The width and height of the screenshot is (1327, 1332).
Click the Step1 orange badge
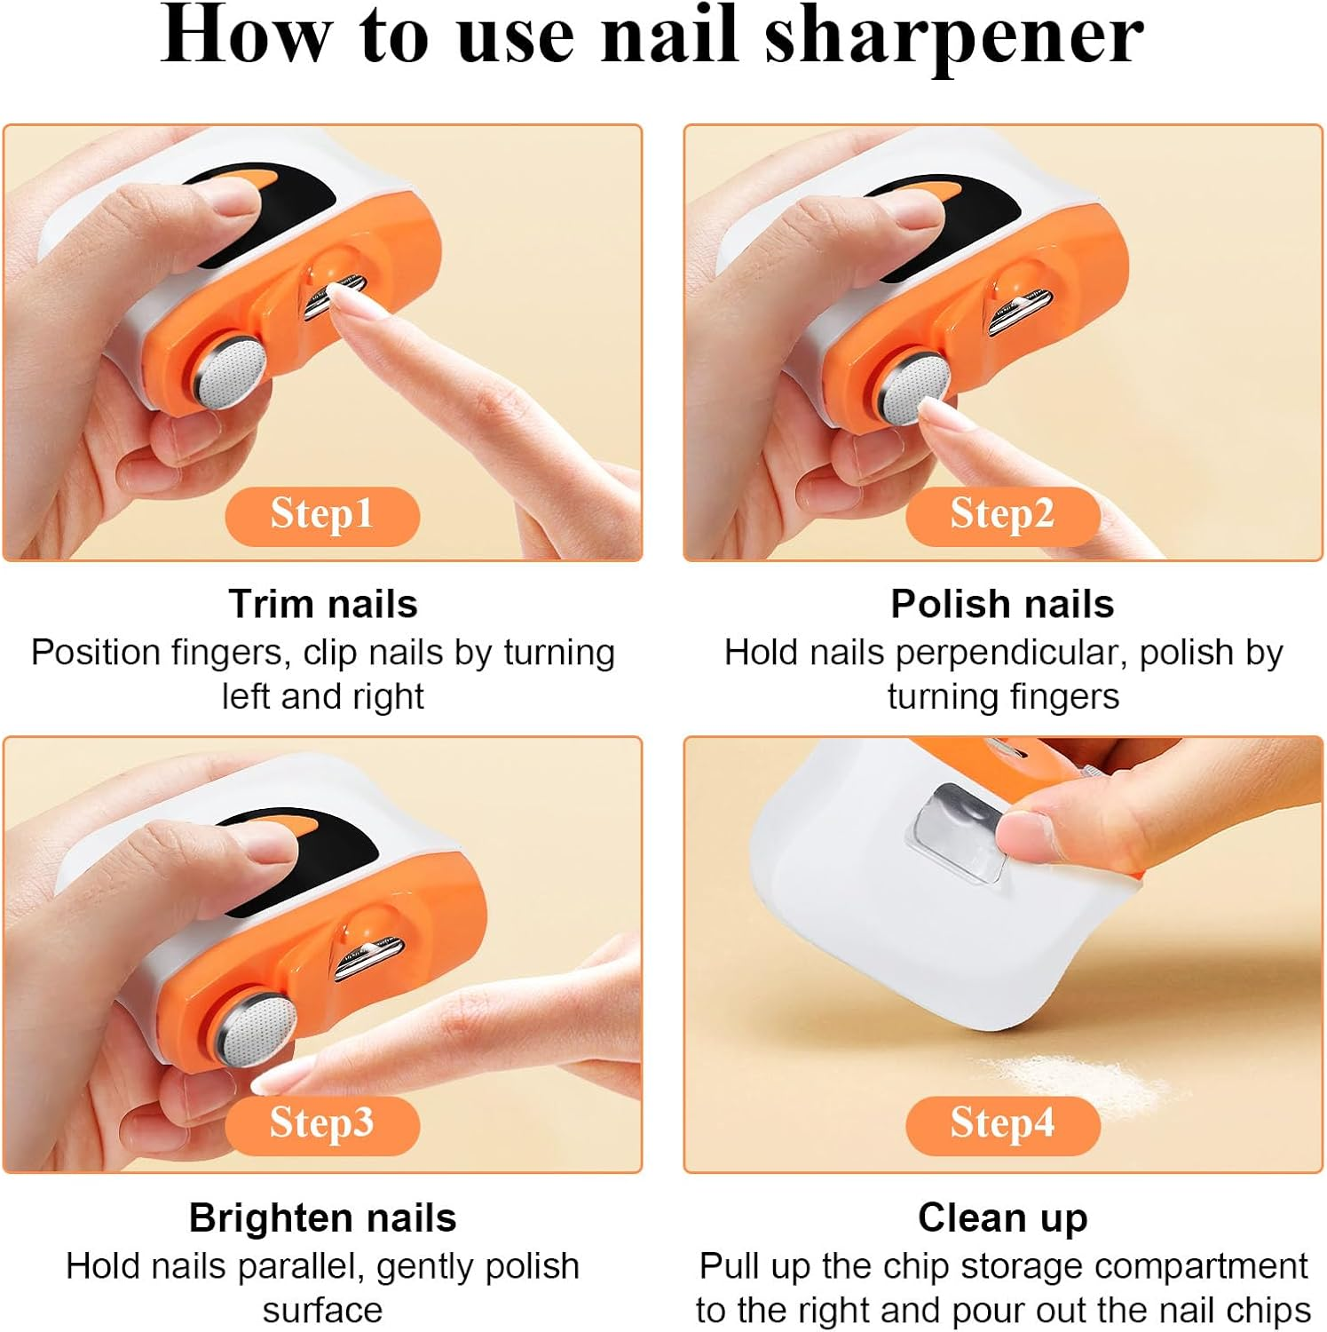[321, 515]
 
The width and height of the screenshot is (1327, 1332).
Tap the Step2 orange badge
[1002, 515]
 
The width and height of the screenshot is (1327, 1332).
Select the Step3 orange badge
[321, 1124]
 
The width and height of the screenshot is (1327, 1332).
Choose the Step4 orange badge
[1002, 1124]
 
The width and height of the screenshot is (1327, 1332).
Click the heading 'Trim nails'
[322, 604]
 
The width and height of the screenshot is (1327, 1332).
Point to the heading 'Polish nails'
[1002, 604]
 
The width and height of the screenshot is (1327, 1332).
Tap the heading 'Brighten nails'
[322, 1217]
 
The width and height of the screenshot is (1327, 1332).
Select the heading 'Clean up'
[1002, 1217]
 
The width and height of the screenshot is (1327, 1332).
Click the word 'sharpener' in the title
[954, 37]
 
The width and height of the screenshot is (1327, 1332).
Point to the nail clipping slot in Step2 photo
[1021, 311]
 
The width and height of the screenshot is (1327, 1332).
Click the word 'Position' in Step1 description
[95, 654]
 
